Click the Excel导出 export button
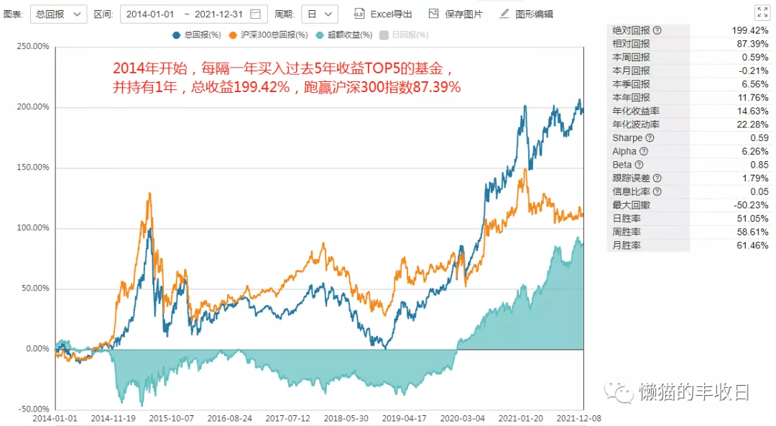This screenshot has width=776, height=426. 382,14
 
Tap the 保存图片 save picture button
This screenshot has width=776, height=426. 456,14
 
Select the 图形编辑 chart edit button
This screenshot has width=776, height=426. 526,14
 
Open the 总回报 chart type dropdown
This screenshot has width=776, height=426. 58,14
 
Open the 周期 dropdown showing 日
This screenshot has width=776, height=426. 319,14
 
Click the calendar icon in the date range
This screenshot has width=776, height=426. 255,14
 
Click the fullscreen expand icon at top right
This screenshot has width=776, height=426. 762,12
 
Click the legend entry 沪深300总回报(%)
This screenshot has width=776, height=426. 268,35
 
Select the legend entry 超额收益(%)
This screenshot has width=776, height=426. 344,35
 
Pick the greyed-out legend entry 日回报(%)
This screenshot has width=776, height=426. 405,35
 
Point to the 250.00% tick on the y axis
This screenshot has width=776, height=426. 33,47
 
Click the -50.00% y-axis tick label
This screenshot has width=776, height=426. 34,409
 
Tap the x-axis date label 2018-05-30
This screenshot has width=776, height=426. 346,419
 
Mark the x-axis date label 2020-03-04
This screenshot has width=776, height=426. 462,419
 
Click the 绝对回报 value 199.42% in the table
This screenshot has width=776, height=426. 750,30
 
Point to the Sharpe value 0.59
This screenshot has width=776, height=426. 759,138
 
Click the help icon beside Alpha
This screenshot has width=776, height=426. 644,151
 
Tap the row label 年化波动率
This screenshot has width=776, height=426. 636,124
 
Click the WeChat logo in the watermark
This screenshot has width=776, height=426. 619,392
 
